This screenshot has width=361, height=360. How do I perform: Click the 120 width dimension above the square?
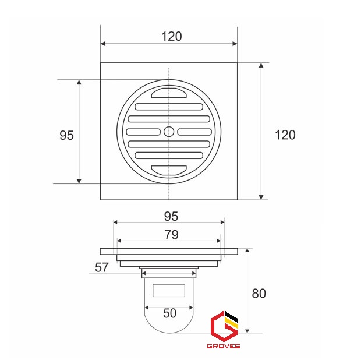click(172, 36)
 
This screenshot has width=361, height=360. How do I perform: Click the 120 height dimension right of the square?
click(285, 135)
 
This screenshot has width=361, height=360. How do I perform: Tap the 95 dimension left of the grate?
click(66, 135)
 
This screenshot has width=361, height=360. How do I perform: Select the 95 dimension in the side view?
click(171, 216)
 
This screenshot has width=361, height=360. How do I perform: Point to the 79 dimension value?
click(171, 235)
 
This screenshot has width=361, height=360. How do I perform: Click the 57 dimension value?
click(101, 267)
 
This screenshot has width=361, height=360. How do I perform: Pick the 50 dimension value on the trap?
click(169, 313)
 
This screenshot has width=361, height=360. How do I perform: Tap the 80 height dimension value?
click(259, 294)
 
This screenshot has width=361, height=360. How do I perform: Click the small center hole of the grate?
click(169, 132)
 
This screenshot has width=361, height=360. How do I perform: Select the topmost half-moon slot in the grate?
click(169, 93)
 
